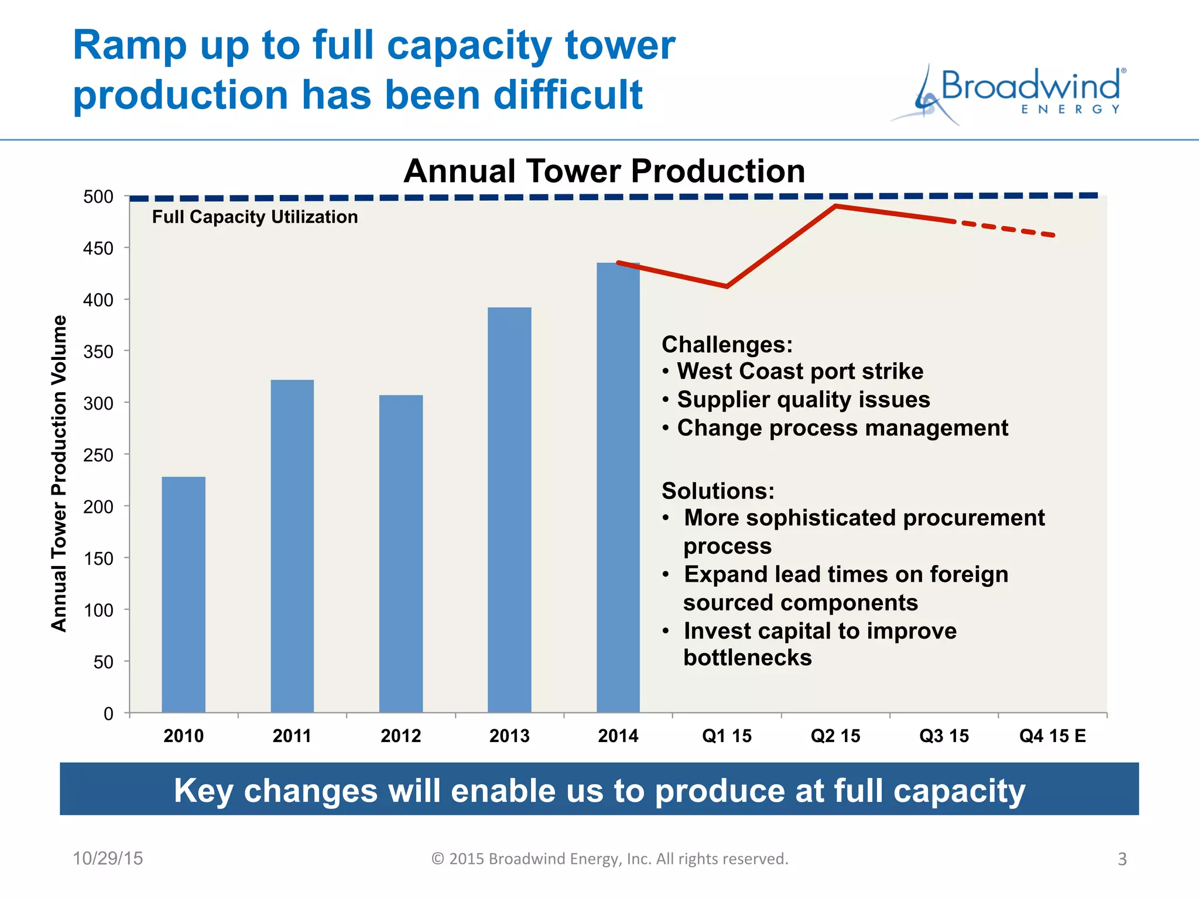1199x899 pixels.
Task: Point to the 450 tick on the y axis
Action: point(98,248)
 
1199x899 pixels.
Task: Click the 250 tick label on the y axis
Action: point(98,455)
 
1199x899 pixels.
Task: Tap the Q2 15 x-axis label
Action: point(835,736)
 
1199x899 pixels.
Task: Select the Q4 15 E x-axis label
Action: point(1052,736)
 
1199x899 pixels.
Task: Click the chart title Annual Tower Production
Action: point(604,171)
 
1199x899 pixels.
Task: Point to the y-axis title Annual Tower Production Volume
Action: point(59,473)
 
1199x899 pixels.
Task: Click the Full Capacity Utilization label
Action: point(255,217)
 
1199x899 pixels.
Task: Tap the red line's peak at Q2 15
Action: point(836,206)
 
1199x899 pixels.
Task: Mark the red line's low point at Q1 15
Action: point(727,286)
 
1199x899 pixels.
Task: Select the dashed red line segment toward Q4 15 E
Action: point(1004,228)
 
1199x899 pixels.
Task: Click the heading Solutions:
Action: point(718,490)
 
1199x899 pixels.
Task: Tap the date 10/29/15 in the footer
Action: point(108,858)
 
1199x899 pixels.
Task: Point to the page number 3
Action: point(1122,859)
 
